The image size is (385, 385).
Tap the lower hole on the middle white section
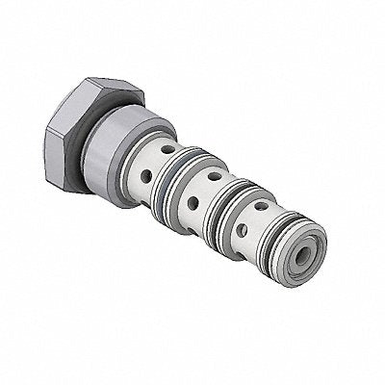193,202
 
